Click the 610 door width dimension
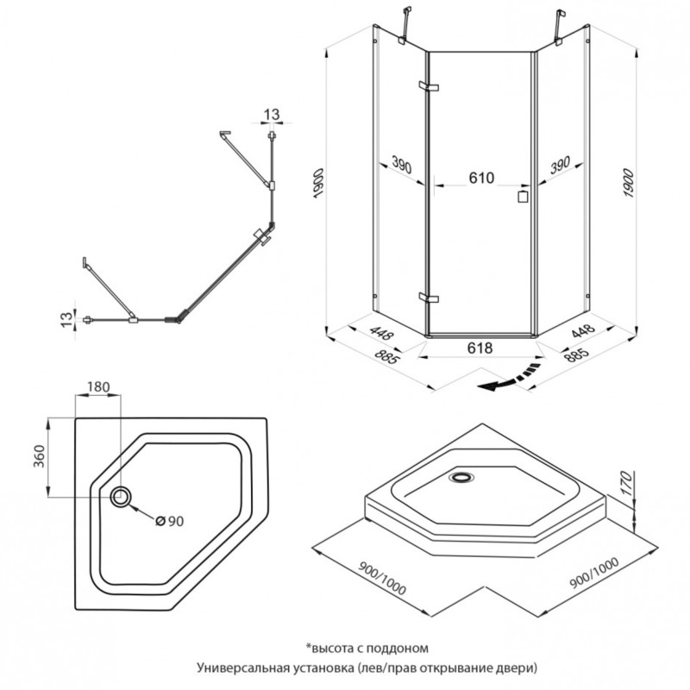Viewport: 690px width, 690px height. (x=481, y=178)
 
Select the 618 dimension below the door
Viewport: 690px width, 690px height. (x=480, y=348)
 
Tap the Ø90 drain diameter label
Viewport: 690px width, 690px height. (x=169, y=521)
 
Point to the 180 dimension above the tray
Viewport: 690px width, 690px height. (x=97, y=386)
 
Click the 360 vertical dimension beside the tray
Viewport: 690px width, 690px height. (x=40, y=456)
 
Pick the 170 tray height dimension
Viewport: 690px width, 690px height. (x=627, y=482)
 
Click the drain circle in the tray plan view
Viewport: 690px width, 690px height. (x=120, y=497)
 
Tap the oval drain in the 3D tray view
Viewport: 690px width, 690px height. (x=461, y=477)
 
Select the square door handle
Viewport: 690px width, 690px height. (x=523, y=197)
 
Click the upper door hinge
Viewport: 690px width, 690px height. (x=429, y=86)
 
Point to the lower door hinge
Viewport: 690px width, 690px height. (x=429, y=298)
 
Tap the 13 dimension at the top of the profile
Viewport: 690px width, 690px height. (x=272, y=115)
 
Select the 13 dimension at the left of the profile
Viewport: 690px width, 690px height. (x=66, y=318)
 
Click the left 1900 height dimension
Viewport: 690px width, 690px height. (x=318, y=183)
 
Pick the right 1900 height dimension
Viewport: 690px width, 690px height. (x=629, y=183)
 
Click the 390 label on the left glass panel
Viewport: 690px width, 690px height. (x=401, y=165)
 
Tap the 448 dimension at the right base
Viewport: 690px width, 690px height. (x=583, y=331)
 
